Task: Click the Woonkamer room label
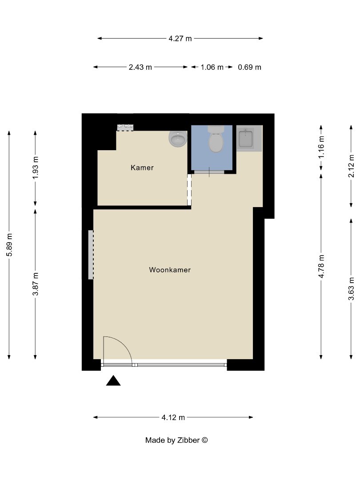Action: (170, 270)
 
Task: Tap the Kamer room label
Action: (142, 168)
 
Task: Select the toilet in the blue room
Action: (216, 140)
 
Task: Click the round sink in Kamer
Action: (178, 139)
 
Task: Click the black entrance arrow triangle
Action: (113, 381)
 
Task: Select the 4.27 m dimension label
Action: (180, 39)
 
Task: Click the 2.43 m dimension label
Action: (140, 68)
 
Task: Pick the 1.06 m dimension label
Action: (212, 68)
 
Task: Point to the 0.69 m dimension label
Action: (250, 68)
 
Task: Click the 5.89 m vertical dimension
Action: (9, 244)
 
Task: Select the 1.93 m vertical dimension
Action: (36, 168)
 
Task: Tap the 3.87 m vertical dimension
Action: (36, 284)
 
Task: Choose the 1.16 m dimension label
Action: (321, 148)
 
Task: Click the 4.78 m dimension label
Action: (321, 266)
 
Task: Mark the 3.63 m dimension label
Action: (352, 288)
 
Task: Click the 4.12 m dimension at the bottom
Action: (173, 417)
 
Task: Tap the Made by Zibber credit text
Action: (176, 440)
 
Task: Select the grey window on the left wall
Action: (91, 255)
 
